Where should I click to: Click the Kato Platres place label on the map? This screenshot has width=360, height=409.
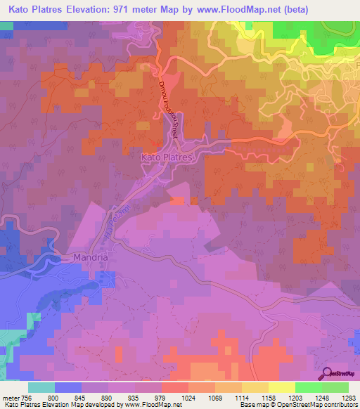coord(167,158)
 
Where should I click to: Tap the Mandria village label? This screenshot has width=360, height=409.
coord(90,258)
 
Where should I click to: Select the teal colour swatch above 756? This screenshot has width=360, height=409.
coord(41,387)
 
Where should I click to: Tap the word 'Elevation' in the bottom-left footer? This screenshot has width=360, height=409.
coord(60,404)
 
